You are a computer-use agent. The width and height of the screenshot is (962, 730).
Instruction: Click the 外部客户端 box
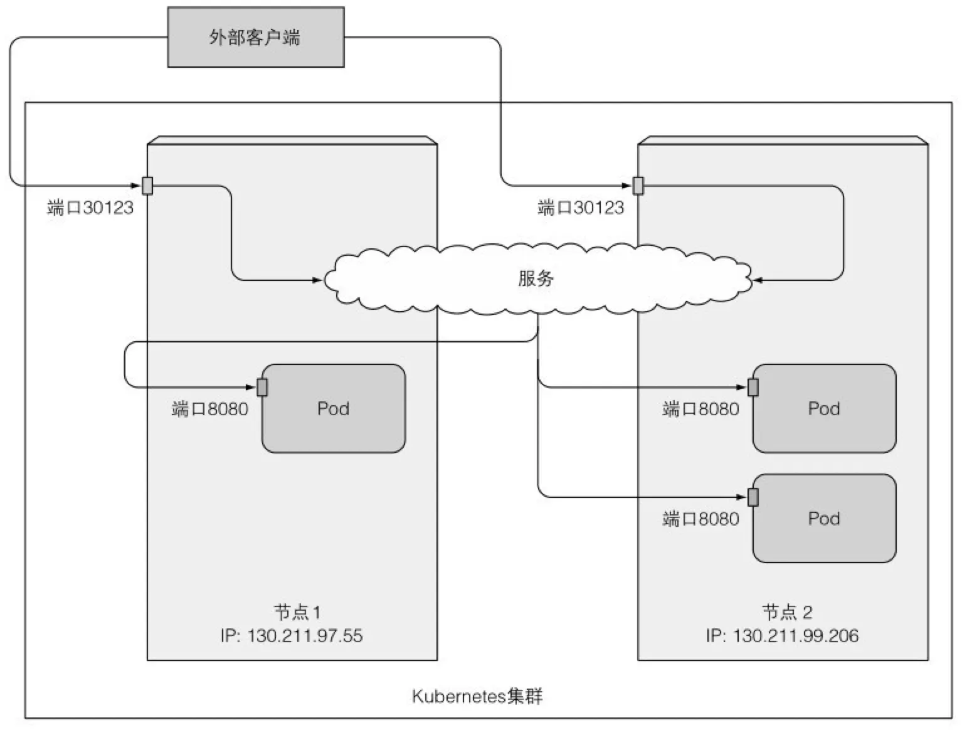pos(255,37)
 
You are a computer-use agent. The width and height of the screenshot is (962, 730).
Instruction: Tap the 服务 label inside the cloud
pos(536,278)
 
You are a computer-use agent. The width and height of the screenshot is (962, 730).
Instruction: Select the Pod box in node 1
pos(333,408)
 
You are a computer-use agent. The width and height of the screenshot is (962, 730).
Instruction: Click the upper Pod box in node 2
pos(823,408)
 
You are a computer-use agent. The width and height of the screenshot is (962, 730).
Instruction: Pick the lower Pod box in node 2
pos(823,518)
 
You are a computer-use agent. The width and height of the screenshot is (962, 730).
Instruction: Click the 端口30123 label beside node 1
pos(90,208)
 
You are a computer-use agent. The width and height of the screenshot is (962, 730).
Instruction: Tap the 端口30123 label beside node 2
pos(581,208)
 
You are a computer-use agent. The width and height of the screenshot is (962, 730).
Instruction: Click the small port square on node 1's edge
pos(147,186)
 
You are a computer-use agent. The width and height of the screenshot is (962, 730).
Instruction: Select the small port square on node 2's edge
pos(638,186)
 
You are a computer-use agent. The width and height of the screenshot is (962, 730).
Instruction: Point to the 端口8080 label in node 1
pos(209,410)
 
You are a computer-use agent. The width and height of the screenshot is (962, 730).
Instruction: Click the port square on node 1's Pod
pos(262,388)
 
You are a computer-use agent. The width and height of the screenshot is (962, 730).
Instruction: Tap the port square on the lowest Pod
pos(753,497)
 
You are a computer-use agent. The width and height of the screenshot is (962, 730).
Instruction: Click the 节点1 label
pos(297,611)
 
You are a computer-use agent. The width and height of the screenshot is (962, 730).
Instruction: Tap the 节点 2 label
pos(787,611)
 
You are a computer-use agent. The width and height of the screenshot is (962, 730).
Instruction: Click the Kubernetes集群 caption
pos(477,696)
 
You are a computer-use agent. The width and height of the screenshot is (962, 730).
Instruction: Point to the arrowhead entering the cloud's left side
pos(318,280)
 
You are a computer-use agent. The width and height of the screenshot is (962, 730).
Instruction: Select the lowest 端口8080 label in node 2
pos(700,519)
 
